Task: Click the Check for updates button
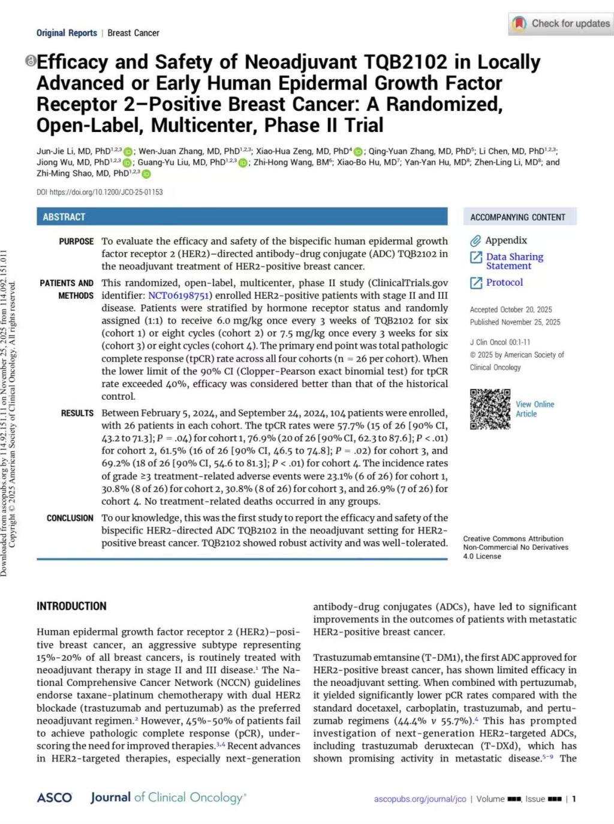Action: [561, 24]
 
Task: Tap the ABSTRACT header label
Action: [64, 217]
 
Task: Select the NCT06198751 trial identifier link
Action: [179, 295]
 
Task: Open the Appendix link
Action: [505, 240]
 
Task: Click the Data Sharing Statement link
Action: [514, 261]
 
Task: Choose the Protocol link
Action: [504, 282]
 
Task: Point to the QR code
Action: [490, 409]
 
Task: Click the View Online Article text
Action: [534, 409]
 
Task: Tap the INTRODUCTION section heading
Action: [71, 606]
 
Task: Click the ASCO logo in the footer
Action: [54, 798]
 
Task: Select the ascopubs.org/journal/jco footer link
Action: [420, 799]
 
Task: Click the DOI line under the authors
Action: [100, 192]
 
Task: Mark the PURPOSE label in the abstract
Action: [76, 241]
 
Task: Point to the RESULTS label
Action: [77, 413]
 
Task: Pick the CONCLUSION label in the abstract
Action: [70, 518]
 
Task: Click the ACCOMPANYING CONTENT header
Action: [517, 217]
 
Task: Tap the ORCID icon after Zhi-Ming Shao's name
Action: [146, 174]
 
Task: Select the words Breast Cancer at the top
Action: [133, 33]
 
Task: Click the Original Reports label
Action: [67, 33]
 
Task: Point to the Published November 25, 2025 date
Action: [514, 322]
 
